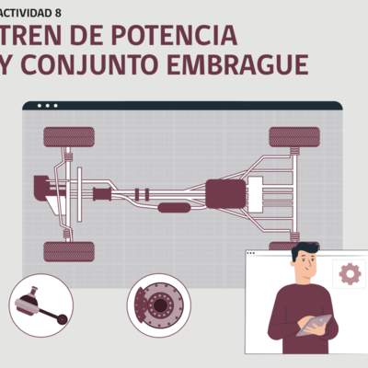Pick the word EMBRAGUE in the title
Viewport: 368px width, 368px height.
tap(247, 65)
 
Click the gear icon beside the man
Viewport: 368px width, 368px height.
tap(350, 273)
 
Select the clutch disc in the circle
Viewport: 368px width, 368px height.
tap(160, 301)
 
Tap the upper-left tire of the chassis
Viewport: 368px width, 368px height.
tap(69, 137)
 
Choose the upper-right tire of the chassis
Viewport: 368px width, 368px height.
tap(294, 137)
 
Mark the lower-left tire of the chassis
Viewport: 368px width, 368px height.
tap(69, 251)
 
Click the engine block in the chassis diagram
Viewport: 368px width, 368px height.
tap(224, 194)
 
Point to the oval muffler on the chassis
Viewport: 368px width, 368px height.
tap(174, 208)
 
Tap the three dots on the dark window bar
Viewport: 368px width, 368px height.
tap(47, 106)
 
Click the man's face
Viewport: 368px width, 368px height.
tap(305, 269)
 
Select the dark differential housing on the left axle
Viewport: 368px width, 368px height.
tap(43, 188)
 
